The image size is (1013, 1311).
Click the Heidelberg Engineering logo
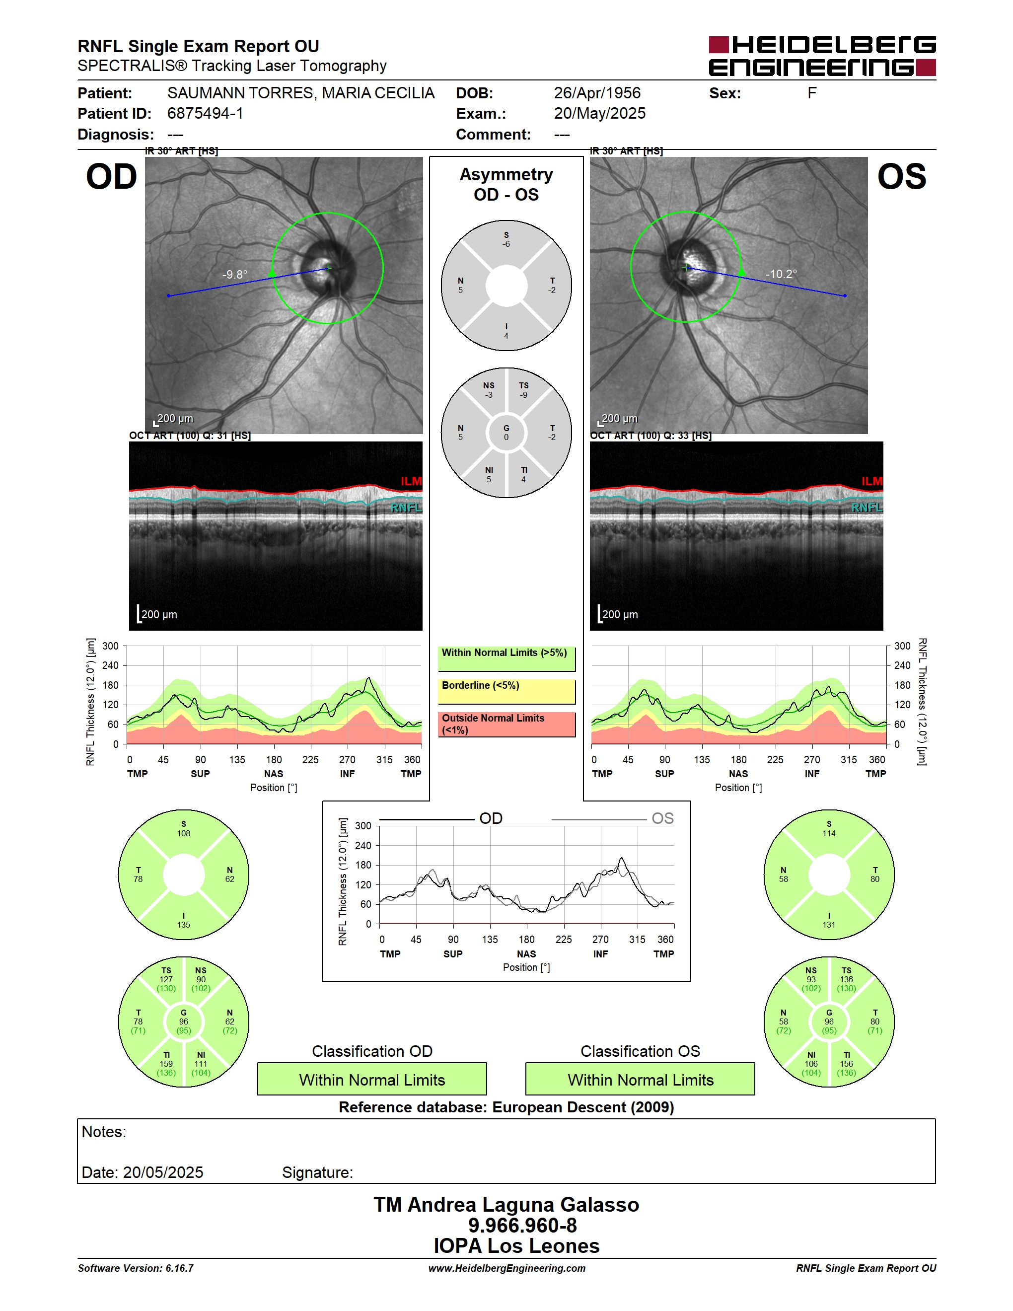(x=822, y=56)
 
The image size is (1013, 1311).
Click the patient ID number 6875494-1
(x=205, y=113)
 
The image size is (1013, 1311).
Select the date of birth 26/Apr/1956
(x=597, y=93)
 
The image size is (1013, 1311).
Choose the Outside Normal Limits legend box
(x=506, y=724)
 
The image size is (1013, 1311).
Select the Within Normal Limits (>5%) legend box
(x=506, y=658)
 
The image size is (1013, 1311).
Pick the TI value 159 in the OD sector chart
(x=166, y=1064)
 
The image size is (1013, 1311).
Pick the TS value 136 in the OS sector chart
(x=846, y=979)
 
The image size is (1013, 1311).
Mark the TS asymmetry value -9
(x=524, y=395)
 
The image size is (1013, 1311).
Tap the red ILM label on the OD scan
(x=411, y=481)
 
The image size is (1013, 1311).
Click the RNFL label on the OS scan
(x=867, y=508)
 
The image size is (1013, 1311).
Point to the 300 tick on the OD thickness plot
(x=110, y=646)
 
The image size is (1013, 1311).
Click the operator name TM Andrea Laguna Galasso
(x=506, y=1205)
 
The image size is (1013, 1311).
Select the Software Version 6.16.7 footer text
(x=136, y=1268)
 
